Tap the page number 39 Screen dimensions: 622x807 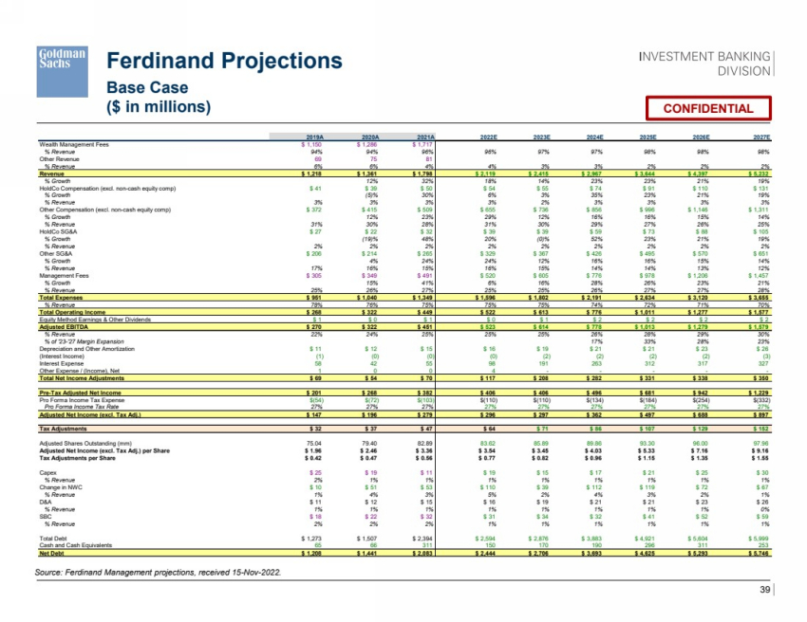coord(765,593)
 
